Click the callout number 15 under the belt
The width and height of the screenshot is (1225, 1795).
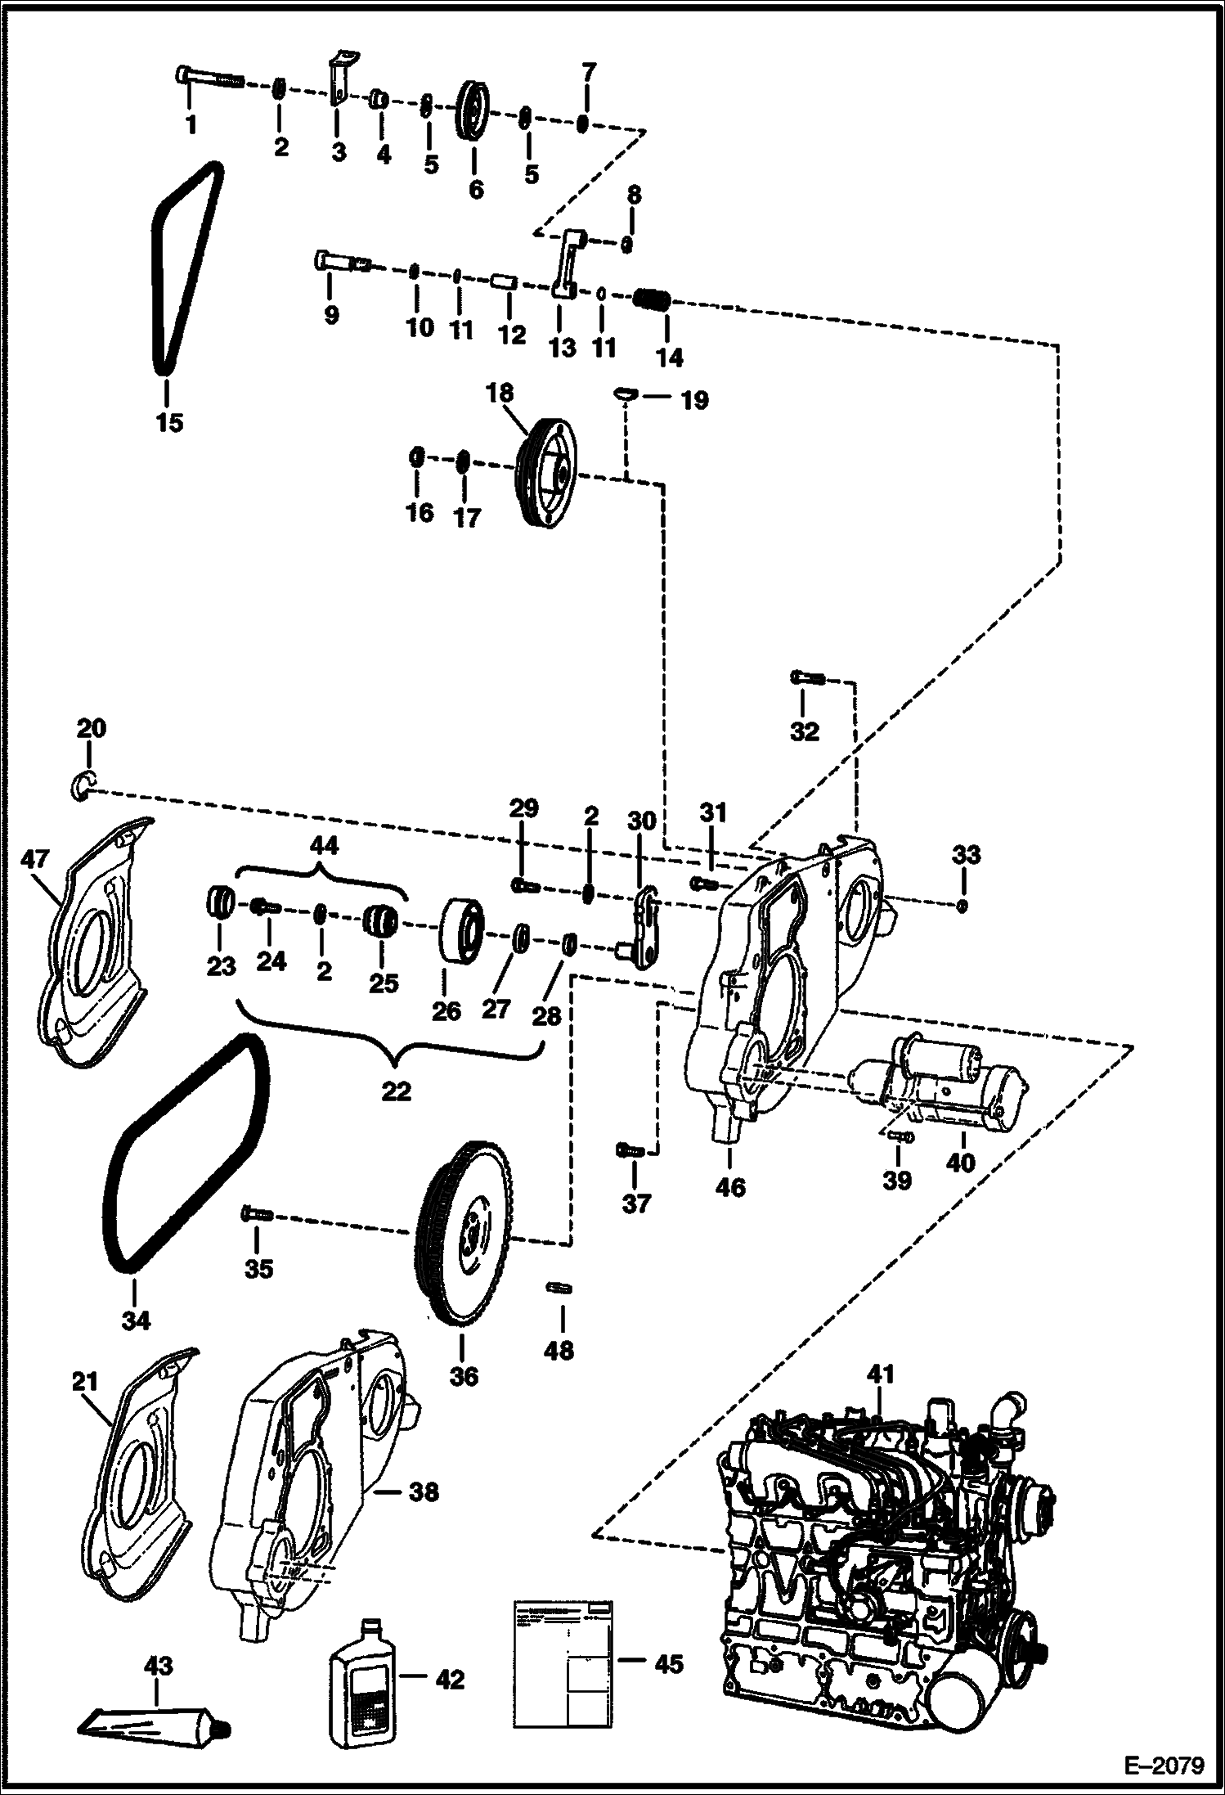tap(170, 423)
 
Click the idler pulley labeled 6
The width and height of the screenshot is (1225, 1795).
tap(473, 110)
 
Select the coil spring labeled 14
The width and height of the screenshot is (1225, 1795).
tap(653, 299)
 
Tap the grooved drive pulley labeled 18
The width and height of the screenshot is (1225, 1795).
tap(547, 473)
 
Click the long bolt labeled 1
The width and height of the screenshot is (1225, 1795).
tap(209, 79)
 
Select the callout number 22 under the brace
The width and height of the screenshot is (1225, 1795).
tap(396, 1091)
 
